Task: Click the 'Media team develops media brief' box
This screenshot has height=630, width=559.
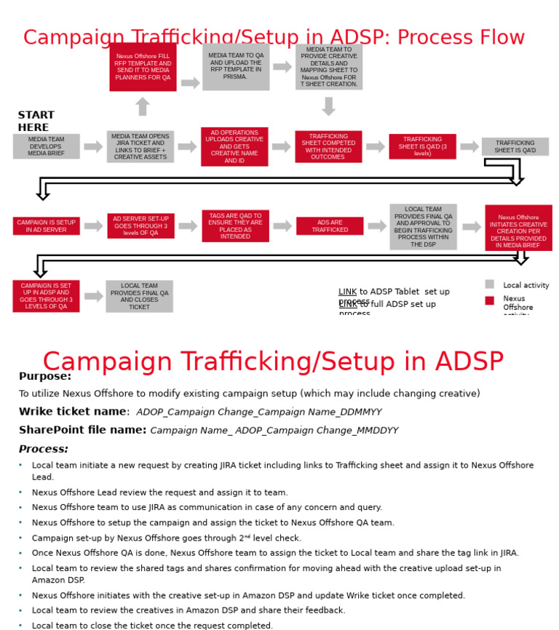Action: pyautogui.click(x=46, y=146)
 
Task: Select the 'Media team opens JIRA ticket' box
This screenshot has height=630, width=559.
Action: pyautogui.click(x=140, y=146)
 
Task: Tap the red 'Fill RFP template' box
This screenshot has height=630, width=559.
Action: pyautogui.click(x=143, y=67)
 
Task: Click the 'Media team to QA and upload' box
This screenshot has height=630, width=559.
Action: pyautogui.click(x=236, y=67)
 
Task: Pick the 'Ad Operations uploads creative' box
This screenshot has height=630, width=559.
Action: pyautogui.click(x=234, y=146)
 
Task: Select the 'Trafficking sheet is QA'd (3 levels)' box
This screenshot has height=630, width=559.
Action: pyautogui.click(x=422, y=146)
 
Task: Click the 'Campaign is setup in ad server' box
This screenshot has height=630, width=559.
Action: pyautogui.click(x=46, y=226)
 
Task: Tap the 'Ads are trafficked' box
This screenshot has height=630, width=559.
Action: pyautogui.click(x=330, y=226)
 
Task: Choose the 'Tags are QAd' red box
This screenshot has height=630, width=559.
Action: pyautogui.click(x=235, y=226)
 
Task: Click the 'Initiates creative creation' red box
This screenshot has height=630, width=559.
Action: pyautogui.click(x=518, y=228)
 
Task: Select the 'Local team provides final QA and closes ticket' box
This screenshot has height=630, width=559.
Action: pyautogui.click(x=139, y=296)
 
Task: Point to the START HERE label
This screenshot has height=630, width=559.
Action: pyautogui.click(x=36, y=121)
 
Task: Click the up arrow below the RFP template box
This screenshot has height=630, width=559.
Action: pyautogui.click(x=143, y=107)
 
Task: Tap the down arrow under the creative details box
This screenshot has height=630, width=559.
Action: pyautogui.click(x=328, y=106)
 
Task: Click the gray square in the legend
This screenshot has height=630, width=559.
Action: pyautogui.click(x=490, y=284)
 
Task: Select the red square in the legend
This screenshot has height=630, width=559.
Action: pyautogui.click(x=490, y=300)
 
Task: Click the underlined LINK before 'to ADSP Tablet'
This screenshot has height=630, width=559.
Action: pyautogui.click(x=347, y=292)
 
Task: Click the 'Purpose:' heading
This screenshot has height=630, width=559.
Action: pyautogui.click(x=45, y=376)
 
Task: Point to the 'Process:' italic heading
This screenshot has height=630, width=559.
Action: pyautogui.click(x=44, y=449)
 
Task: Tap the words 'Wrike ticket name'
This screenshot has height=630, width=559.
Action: pyautogui.click(x=73, y=412)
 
